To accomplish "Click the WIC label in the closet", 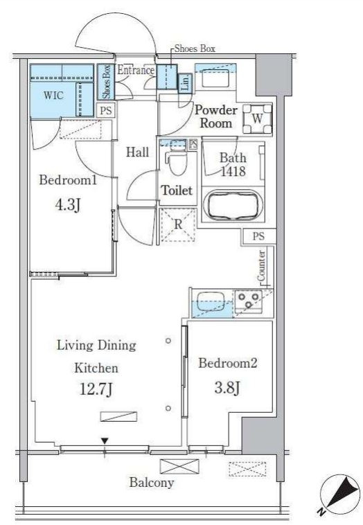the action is tap(53, 96).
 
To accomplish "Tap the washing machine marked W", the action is tap(257, 119).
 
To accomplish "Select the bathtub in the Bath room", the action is tap(233, 204).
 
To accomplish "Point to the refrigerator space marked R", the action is tap(178, 224).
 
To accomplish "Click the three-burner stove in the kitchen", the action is tap(249, 301).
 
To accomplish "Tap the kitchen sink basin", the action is tap(211, 301).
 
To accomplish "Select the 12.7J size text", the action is tap(96, 389).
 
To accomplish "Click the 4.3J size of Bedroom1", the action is tap(68, 204).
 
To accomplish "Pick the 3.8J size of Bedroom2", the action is tap(227, 388).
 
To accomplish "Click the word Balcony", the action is tap(152, 483).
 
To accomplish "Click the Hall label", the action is tap(137, 152).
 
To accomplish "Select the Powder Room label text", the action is tap(216, 116).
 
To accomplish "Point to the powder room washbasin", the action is tap(215, 78).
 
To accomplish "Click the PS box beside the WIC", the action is tap(106, 111).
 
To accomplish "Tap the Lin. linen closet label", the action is tap(185, 82).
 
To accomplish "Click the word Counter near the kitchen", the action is tap(262, 266).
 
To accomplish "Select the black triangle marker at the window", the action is tap(105, 441).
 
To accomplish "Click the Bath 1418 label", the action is tap(233, 165).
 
